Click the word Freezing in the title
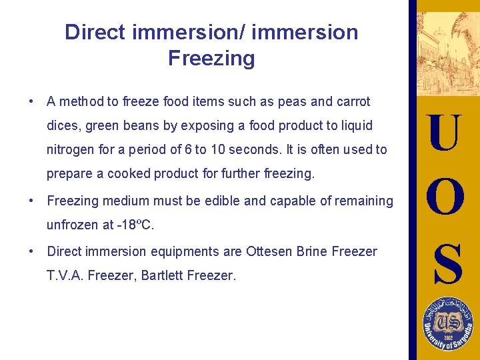point(211,59)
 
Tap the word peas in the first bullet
point(291,102)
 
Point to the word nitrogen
point(70,150)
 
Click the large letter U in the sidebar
point(444,133)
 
